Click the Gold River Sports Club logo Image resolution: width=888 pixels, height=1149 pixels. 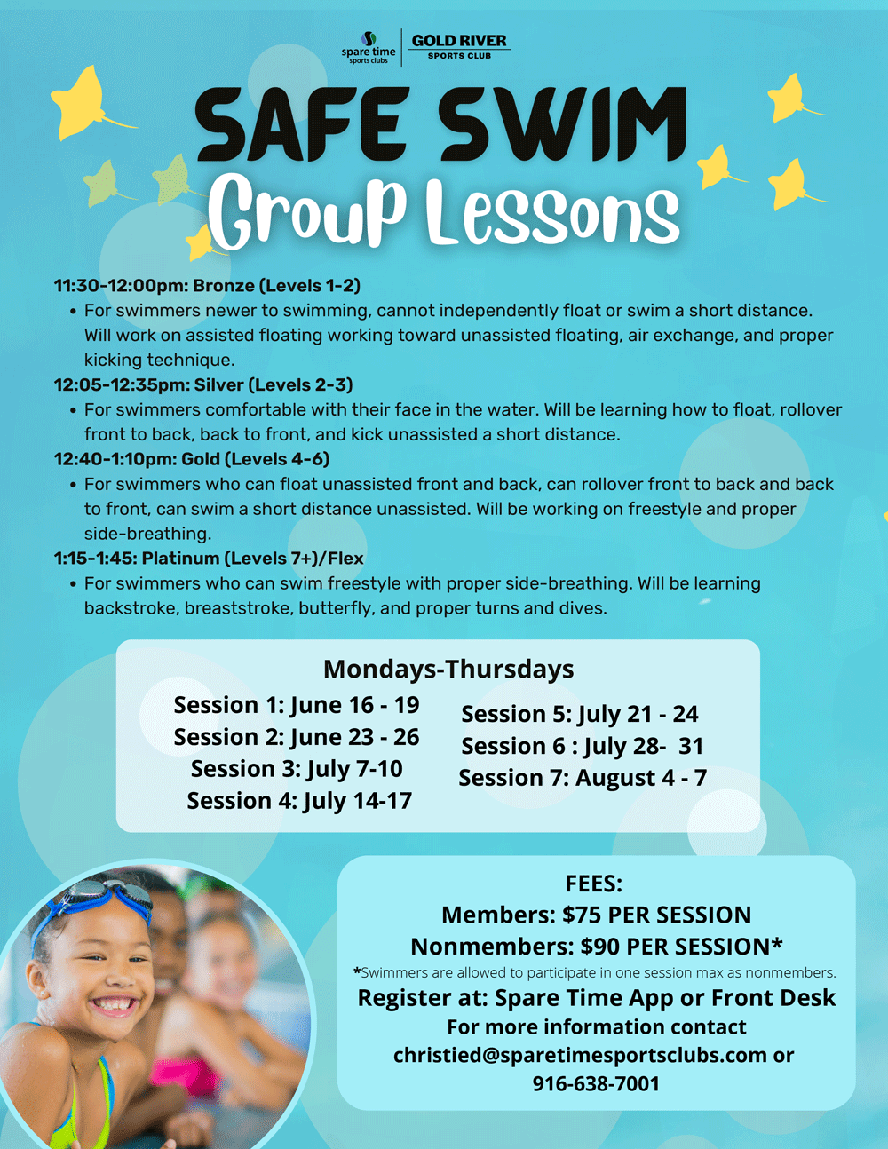tap(459, 46)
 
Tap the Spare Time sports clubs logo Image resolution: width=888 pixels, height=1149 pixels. tap(368, 49)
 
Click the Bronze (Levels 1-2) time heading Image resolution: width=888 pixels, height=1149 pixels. tap(207, 286)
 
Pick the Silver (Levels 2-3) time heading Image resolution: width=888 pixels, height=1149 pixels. tap(203, 385)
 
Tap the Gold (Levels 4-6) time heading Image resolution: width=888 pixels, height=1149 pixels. tap(192, 459)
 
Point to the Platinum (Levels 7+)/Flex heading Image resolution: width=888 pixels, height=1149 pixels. tap(209, 559)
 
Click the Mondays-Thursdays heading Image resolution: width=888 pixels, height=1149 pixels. tap(448, 670)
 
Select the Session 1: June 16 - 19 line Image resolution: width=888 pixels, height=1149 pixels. tap(297, 705)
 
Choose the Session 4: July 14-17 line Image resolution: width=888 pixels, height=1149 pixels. tap(299, 801)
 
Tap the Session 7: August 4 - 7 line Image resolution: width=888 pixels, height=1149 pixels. tap(583, 778)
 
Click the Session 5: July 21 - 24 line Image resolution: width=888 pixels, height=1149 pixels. tap(580, 715)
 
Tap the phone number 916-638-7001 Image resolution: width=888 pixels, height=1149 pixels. tap(596, 1083)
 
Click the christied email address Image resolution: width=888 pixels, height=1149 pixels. tap(580, 1055)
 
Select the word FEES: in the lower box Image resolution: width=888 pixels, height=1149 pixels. tap(593, 884)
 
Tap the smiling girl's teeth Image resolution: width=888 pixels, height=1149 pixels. tap(113, 1003)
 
